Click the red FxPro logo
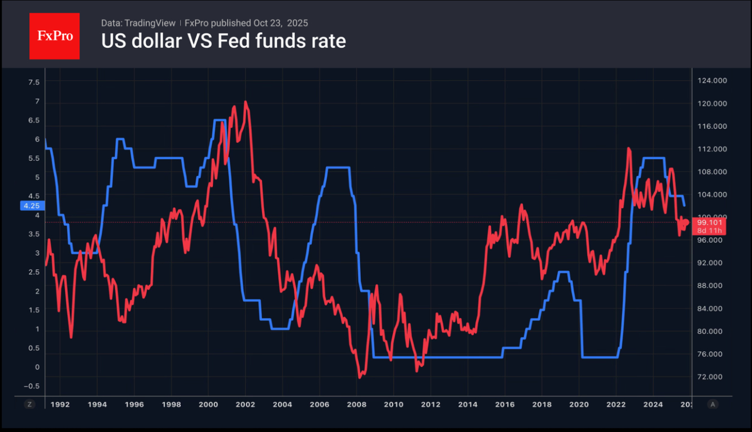[54, 36]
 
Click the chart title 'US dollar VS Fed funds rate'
[223, 41]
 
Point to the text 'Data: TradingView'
[138, 23]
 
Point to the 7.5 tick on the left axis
[34, 82]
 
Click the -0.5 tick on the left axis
[33, 386]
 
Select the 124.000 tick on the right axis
[712, 81]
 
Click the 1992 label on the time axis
[60, 404]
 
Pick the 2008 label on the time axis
[356, 404]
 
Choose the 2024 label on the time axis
[653, 404]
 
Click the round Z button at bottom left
[30, 404]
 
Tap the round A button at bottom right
[712, 404]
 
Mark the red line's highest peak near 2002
[245, 102]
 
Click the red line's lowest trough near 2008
[360, 377]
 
